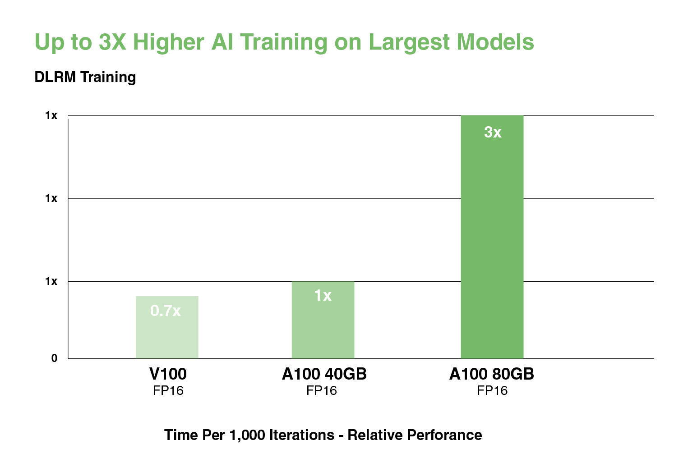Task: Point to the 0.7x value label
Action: click(x=166, y=311)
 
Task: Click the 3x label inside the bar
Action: click(x=493, y=132)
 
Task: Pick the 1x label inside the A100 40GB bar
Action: click(x=323, y=295)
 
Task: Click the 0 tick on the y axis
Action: click(x=54, y=358)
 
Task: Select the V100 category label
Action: click(x=168, y=374)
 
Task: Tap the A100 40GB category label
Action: click(x=324, y=374)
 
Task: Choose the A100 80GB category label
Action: click(x=492, y=374)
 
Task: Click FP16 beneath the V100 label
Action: click(x=168, y=390)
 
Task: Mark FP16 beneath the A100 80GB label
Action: click(x=492, y=390)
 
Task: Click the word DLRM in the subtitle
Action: click(x=55, y=77)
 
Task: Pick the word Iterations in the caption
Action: click(x=301, y=435)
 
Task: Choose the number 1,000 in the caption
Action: click(x=247, y=435)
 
